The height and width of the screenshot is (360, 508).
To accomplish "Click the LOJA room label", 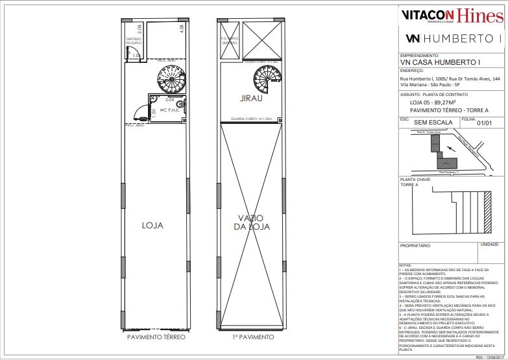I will pos(152,225).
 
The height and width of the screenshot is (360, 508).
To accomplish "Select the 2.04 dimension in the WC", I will pos(169,100).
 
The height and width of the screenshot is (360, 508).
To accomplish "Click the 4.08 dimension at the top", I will pos(182,29).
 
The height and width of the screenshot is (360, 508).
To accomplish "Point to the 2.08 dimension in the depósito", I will pos(139,29).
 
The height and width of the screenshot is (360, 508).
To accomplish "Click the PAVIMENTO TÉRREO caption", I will pos(156,338).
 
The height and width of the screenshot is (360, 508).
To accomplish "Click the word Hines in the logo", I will pos(479,15).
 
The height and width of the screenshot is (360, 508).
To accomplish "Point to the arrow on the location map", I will pos(451,149).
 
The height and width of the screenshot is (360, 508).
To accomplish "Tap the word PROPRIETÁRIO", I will pos(416,246).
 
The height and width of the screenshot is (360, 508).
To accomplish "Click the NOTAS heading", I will pos(405,265).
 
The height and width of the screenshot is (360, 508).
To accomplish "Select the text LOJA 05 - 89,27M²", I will pos(426,101).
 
